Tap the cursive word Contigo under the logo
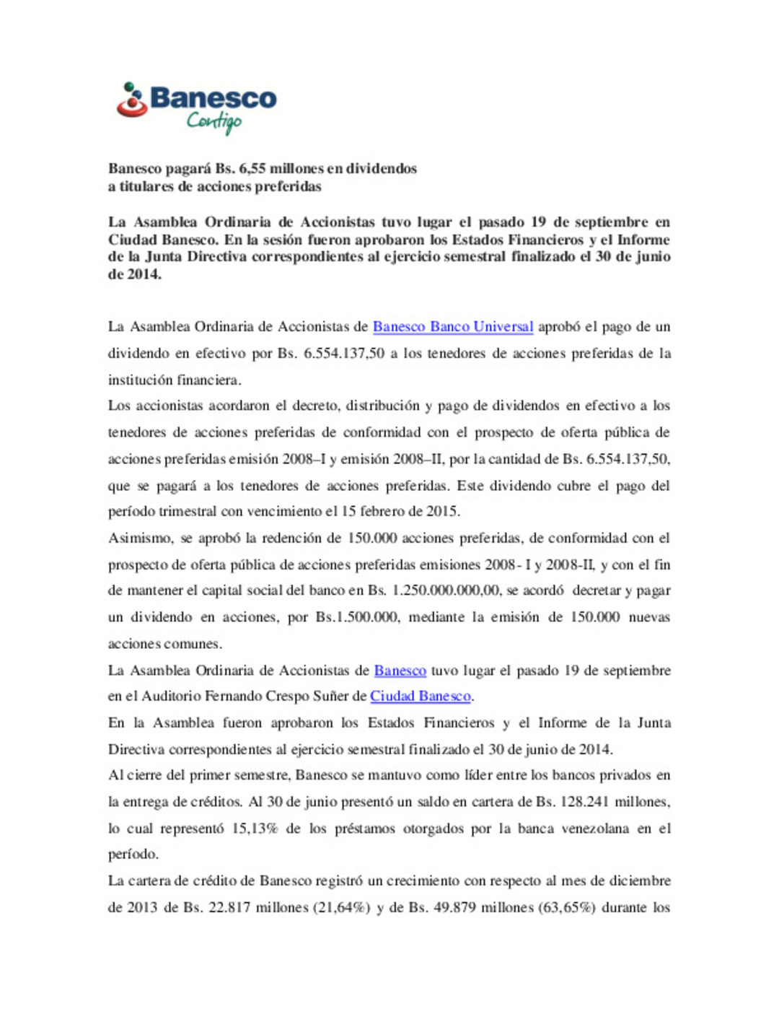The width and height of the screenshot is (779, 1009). point(214,121)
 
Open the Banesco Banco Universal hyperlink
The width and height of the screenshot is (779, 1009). point(453,327)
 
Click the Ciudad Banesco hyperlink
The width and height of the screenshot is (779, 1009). point(421,696)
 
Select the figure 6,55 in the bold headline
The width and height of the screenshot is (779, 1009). point(252,169)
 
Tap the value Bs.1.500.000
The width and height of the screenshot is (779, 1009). point(357,617)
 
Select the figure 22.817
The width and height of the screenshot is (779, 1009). point(229,907)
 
